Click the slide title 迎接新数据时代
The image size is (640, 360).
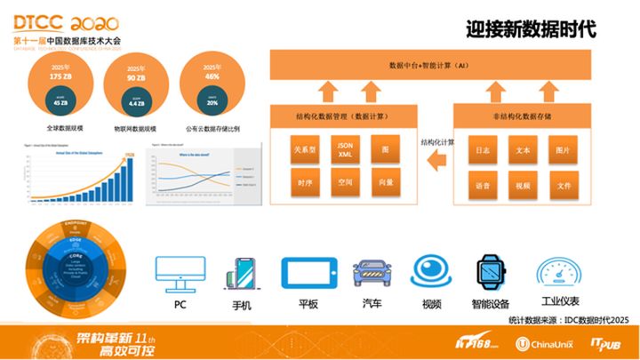point(530,28)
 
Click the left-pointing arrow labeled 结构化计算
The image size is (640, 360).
point(436,159)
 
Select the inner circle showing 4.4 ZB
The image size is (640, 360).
point(136,102)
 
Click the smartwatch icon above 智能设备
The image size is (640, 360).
point(489,271)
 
